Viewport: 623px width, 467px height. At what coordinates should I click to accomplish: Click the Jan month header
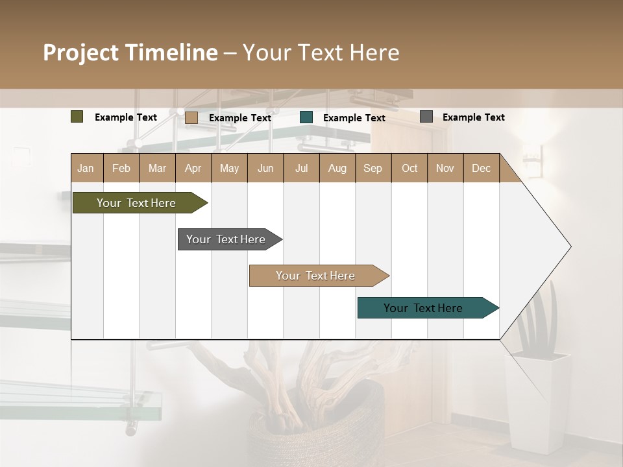point(86,168)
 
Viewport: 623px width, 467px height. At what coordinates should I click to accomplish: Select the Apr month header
point(193,168)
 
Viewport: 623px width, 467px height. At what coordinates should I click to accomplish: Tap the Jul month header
point(301,168)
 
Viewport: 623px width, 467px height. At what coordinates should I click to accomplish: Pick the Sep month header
point(373,168)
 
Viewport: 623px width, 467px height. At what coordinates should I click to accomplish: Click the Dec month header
point(481,168)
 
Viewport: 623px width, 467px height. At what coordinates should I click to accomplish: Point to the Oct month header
point(409,168)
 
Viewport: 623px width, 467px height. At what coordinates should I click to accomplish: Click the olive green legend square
point(77,117)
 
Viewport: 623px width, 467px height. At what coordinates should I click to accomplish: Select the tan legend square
point(191,117)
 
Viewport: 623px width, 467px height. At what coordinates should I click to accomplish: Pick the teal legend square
point(306,117)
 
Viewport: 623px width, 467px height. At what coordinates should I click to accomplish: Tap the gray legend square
point(426,117)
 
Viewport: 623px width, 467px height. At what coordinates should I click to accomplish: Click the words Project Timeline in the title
point(130,53)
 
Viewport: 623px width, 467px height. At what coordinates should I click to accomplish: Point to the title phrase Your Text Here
point(321,53)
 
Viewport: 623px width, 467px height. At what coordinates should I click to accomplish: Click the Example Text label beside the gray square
point(473,117)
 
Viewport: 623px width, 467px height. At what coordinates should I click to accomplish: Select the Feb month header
point(121,168)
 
